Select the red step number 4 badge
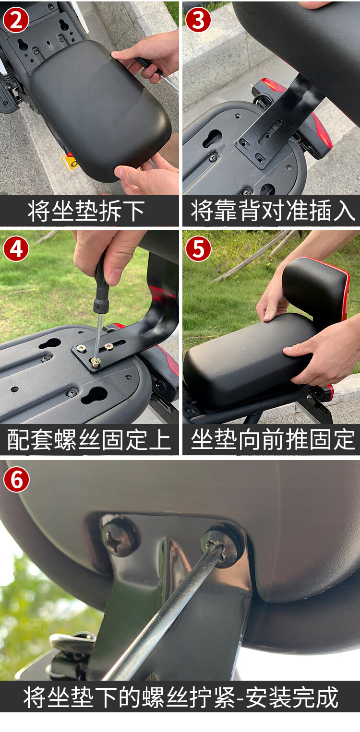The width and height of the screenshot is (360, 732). click(16, 249)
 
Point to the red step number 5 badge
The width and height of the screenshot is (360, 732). click(198, 249)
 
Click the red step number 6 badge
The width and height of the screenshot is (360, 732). click(16, 479)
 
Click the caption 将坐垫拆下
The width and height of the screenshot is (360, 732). click(86, 211)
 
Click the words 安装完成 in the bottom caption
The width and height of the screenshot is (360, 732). click(298, 697)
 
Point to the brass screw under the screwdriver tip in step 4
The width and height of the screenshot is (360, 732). click(96, 362)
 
